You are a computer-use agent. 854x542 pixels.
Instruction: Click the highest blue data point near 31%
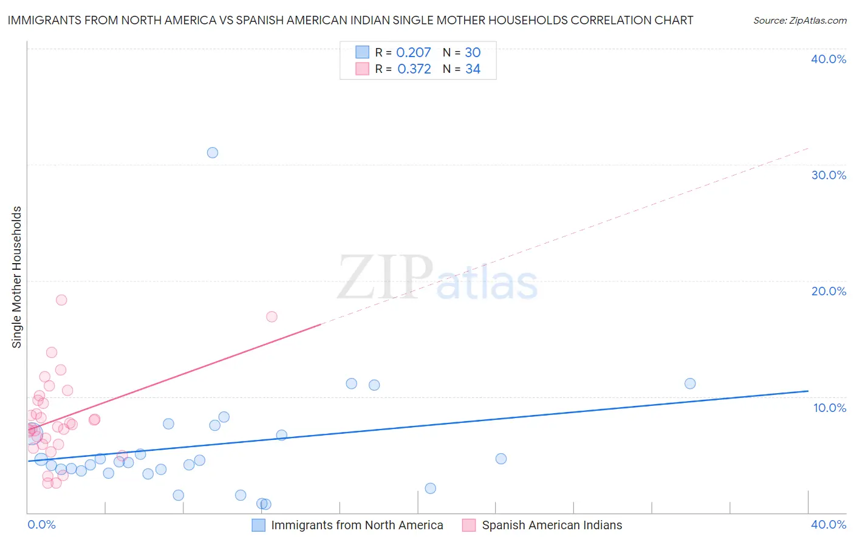pyautogui.click(x=213, y=153)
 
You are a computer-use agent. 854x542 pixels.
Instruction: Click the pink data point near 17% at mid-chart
pyautogui.click(x=272, y=317)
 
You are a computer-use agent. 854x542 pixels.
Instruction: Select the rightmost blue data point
pyautogui.click(x=690, y=383)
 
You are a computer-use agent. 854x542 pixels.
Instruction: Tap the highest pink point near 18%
pyautogui.click(x=61, y=300)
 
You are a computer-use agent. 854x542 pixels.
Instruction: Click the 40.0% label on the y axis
pyautogui.click(x=828, y=59)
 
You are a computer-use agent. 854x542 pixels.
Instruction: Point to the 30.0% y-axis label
pyautogui.click(x=828, y=175)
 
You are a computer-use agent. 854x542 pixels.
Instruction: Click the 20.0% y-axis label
pyautogui.click(x=828, y=291)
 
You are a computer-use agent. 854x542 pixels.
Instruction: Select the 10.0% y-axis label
pyautogui.click(x=829, y=408)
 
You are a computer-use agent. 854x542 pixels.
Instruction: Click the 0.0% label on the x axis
pyautogui.click(x=41, y=524)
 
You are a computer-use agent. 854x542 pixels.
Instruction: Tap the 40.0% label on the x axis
pyautogui.click(x=828, y=524)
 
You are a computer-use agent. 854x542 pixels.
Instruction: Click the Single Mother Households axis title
pyautogui.click(x=16, y=277)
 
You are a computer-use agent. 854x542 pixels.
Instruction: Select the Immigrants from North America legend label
pyautogui.click(x=357, y=525)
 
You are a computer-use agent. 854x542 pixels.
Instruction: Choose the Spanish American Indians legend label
pyautogui.click(x=552, y=525)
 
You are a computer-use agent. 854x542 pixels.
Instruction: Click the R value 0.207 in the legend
pyautogui.click(x=413, y=53)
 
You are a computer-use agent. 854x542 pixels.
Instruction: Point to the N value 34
pyautogui.click(x=473, y=69)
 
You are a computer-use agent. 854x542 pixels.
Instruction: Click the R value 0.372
pyautogui.click(x=414, y=69)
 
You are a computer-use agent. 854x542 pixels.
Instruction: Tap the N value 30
pyautogui.click(x=473, y=53)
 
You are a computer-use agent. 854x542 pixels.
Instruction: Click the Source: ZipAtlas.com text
pyautogui.click(x=799, y=21)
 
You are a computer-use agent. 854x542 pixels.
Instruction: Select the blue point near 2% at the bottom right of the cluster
pyautogui.click(x=430, y=489)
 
